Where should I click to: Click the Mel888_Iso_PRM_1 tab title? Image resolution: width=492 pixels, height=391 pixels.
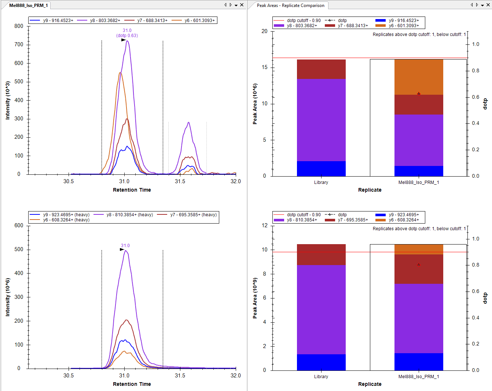(x=28, y=6)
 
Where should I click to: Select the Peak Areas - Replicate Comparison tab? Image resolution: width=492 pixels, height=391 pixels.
(x=290, y=6)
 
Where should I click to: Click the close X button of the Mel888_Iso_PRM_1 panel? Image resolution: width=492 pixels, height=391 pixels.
(x=242, y=5)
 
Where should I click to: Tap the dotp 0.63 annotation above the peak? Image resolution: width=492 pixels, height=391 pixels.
(x=127, y=36)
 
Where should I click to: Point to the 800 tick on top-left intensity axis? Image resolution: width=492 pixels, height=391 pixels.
(x=19, y=26)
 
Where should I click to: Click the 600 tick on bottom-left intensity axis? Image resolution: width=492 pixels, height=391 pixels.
(x=19, y=225)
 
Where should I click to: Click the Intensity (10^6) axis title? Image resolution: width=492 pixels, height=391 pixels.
(x=8, y=297)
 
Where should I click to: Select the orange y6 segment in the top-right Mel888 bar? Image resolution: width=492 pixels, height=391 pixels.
(x=419, y=77)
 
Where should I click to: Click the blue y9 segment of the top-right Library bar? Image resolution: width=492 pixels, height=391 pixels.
(x=321, y=169)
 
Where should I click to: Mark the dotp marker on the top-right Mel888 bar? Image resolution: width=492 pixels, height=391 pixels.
(x=419, y=94)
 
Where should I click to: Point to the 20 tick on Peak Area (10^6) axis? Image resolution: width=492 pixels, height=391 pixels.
(x=265, y=31)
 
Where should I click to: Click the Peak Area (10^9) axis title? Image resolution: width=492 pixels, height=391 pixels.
(x=255, y=298)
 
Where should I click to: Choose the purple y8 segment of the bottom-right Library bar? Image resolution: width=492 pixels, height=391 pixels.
(x=321, y=309)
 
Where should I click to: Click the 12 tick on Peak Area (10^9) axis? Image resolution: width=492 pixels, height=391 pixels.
(x=265, y=225)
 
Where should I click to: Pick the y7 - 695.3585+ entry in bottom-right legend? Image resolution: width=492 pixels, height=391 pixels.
(x=353, y=220)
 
